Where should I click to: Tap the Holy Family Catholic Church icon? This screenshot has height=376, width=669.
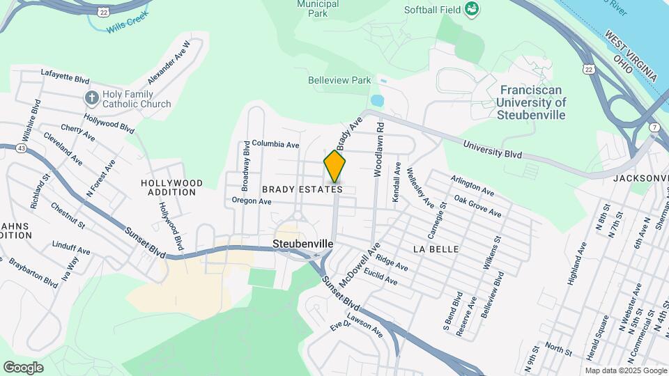[91, 98]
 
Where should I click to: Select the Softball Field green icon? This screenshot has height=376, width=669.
[472, 10]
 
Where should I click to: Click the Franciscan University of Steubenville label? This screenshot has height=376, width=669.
[532, 102]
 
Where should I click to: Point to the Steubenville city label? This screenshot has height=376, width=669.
[302, 244]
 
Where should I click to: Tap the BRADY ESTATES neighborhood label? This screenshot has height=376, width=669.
[302, 189]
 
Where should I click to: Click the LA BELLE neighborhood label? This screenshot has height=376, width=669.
[436, 249]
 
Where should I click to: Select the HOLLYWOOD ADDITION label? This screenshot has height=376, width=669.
[172, 187]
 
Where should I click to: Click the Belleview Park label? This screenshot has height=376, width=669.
[339, 80]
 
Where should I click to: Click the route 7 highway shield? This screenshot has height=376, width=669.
[654, 127]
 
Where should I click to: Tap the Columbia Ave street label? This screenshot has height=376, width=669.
[275, 145]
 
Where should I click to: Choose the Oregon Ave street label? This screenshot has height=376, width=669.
[252, 201]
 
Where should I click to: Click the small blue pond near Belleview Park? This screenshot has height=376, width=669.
[377, 100]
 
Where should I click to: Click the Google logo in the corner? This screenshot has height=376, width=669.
[23, 367]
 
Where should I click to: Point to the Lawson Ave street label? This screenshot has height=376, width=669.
[367, 327]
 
